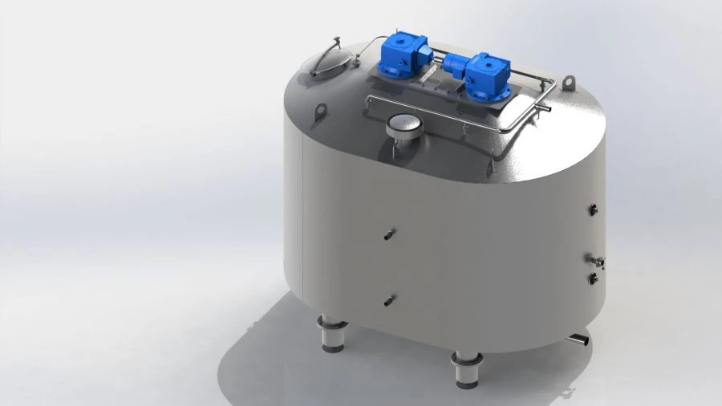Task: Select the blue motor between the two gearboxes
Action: [451, 62]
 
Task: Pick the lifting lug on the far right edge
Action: [570, 83]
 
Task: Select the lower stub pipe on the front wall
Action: [389, 301]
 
